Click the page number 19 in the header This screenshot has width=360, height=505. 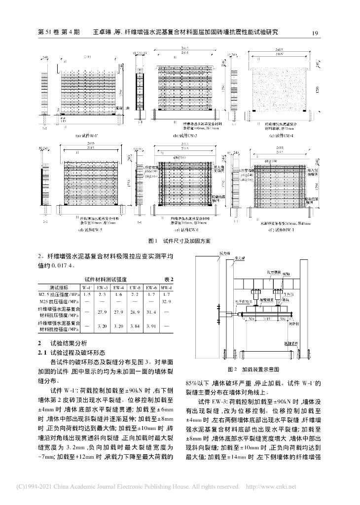point(318,33)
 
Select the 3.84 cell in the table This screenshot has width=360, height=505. point(135,326)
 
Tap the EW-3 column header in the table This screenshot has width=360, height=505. point(103,287)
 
